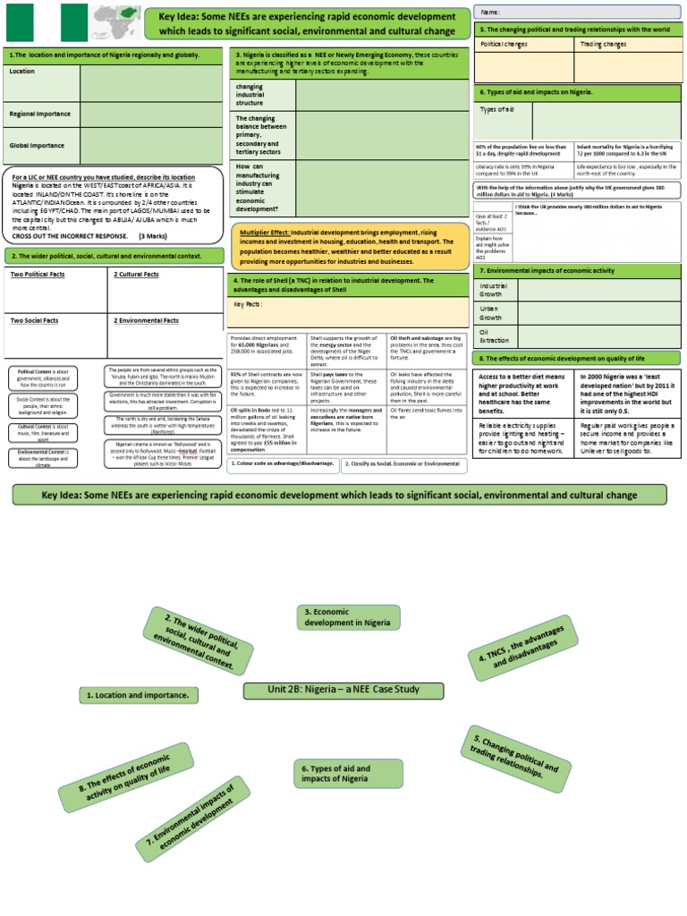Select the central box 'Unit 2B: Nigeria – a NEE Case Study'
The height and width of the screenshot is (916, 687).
344,690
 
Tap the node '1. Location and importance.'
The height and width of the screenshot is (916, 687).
139,694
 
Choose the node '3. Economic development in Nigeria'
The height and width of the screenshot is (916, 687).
348,617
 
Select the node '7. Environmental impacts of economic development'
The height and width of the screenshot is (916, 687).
191,815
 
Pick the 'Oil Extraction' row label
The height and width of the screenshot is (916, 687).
494,335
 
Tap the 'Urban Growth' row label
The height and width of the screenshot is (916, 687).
491,312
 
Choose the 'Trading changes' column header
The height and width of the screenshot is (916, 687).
603,43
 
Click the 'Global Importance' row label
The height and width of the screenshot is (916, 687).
37,145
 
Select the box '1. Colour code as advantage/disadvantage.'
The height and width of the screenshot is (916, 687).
282,463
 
